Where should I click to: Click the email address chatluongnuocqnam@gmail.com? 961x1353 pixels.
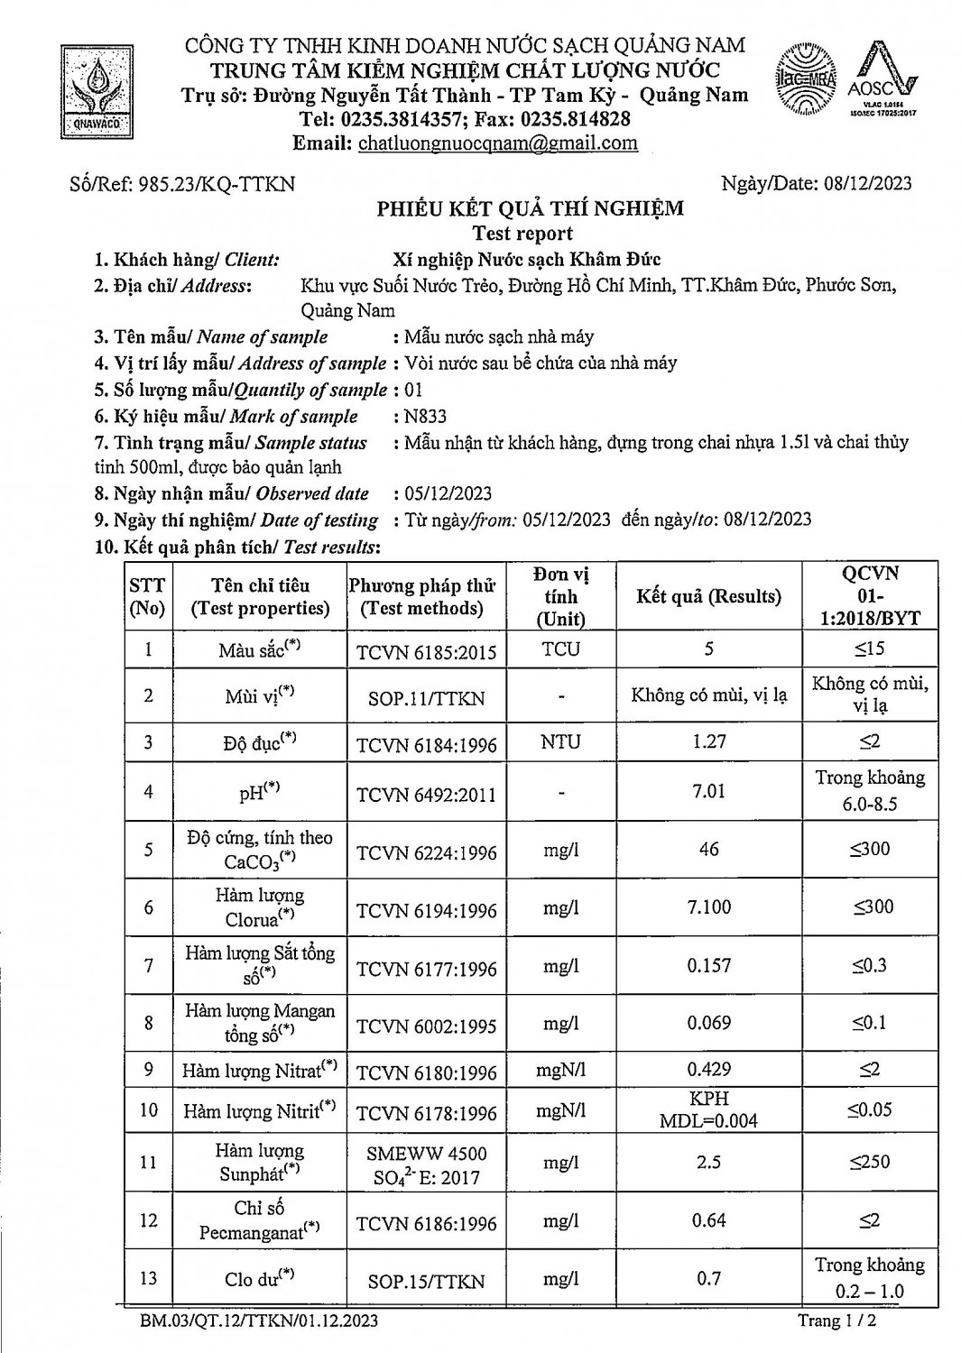(x=498, y=143)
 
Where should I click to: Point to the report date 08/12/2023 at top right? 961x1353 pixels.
(x=867, y=184)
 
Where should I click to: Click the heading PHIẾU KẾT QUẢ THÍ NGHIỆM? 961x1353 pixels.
(x=530, y=208)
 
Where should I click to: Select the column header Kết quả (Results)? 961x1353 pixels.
(x=708, y=596)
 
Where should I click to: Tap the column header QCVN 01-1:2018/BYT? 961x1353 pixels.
(x=869, y=596)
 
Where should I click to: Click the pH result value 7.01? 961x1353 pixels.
(x=708, y=791)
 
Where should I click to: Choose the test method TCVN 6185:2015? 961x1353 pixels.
(x=426, y=651)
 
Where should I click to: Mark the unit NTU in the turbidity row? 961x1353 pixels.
(x=560, y=742)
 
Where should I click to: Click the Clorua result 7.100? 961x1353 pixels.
(x=708, y=907)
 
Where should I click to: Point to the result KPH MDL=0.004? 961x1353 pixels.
(x=708, y=1109)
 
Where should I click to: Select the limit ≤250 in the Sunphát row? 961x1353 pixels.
(x=869, y=1162)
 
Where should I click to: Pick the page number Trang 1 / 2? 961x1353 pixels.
(x=836, y=1321)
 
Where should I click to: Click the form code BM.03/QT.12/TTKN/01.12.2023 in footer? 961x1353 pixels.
(x=259, y=1321)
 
